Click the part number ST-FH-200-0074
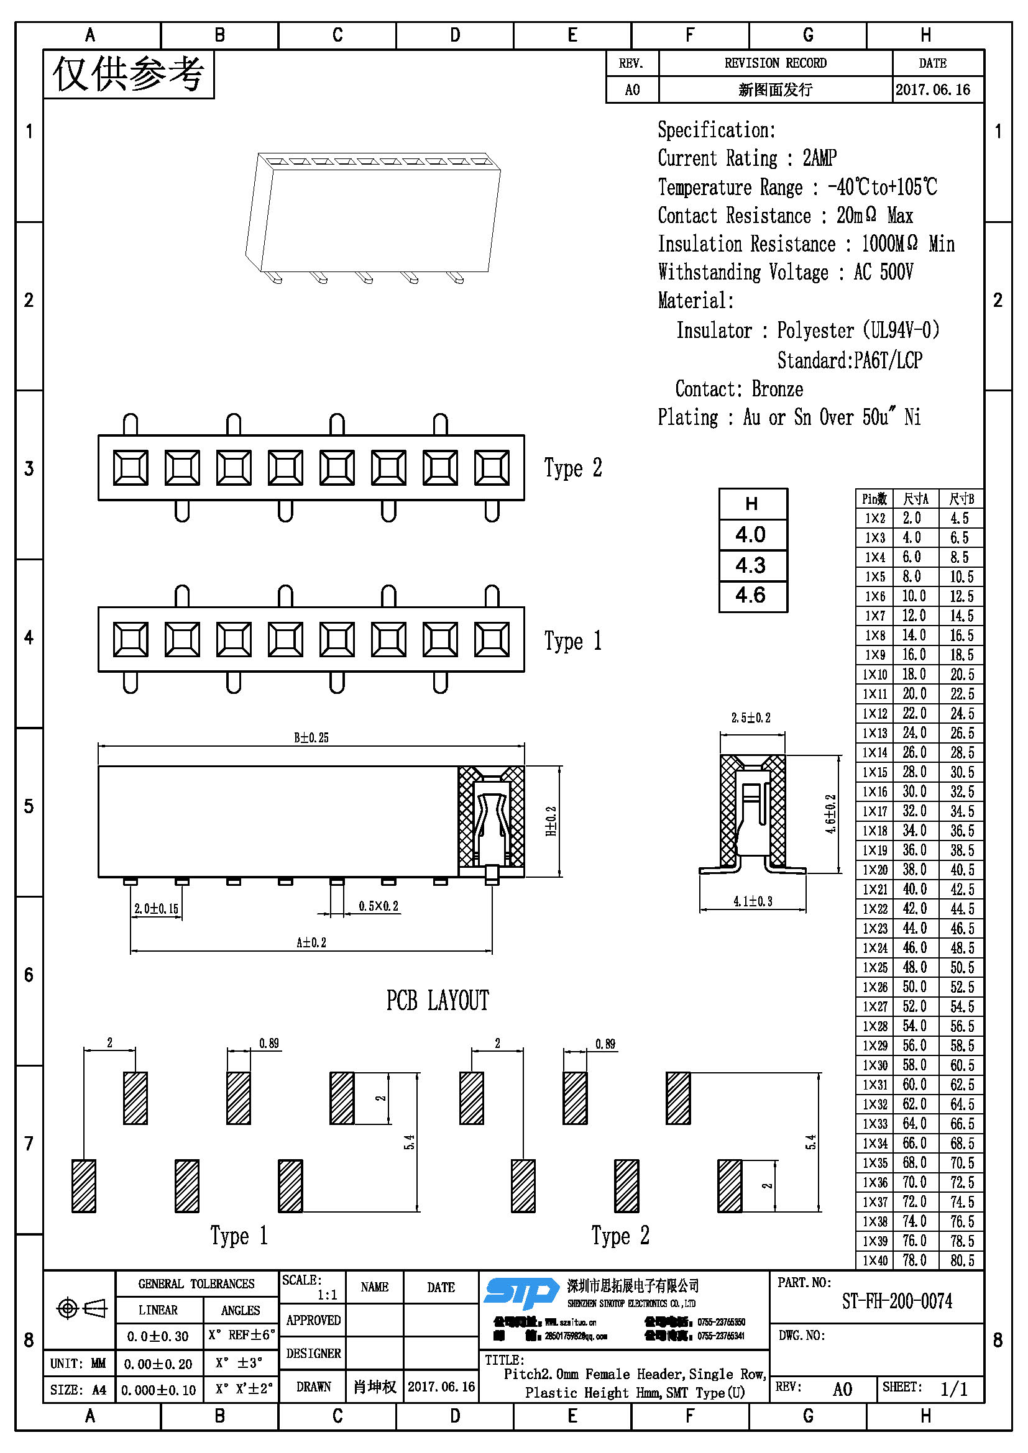pos(896,1301)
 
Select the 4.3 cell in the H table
pos(751,565)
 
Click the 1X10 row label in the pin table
pos(875,675)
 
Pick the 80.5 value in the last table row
pos(961,1260)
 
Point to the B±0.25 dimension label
pos(311,737)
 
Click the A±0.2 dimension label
pos(311,942)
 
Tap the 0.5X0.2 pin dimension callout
pos(379,906)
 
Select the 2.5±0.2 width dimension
pos(751,717)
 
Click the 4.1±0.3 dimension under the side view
pos(753,901)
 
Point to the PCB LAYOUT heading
pos(438,1001)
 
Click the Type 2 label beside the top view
pos(573,468)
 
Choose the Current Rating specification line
pos(747,158)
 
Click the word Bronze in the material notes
pos(778,389)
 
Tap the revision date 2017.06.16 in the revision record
pos(932,90)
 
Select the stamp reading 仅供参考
pos(129,74)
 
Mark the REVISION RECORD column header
pos(776,63)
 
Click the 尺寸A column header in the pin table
pos(915,499)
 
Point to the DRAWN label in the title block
pos(313,1387)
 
